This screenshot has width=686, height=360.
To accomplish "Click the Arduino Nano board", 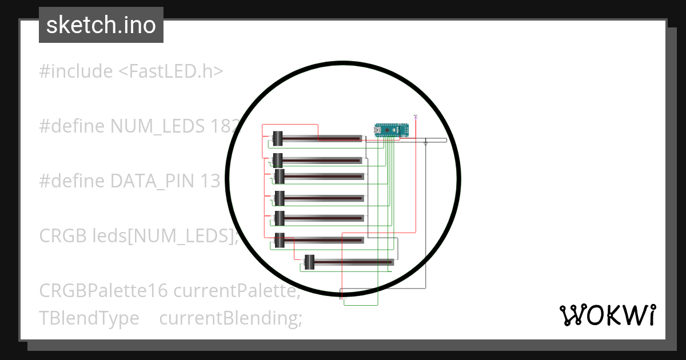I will click(392, 130).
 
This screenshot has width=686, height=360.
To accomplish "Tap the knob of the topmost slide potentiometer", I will click(277, 138).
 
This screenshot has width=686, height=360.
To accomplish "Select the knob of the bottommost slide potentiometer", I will click(309, 262).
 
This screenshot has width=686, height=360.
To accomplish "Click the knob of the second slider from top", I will click(278, 160).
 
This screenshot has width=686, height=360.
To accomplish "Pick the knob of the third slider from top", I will click(280, 176).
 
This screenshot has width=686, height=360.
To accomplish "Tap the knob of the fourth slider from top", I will click(280, 198).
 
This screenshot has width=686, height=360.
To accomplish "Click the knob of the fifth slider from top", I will click(280, 218).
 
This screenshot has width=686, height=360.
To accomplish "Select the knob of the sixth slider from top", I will click(280, 240).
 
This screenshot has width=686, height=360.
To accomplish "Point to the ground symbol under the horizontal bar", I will click(426, 144).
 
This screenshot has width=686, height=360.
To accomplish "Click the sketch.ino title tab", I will click(101, 25).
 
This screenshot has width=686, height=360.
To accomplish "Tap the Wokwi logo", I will click(607, 315).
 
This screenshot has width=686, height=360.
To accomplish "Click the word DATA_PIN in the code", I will click(153, 181).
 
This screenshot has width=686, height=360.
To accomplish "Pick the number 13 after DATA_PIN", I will click(210, 181).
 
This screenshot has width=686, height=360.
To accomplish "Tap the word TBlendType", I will click(89, 318).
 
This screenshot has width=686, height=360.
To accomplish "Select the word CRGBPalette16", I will click(103, 291).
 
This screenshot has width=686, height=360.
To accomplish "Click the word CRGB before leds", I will click(63, 236).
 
